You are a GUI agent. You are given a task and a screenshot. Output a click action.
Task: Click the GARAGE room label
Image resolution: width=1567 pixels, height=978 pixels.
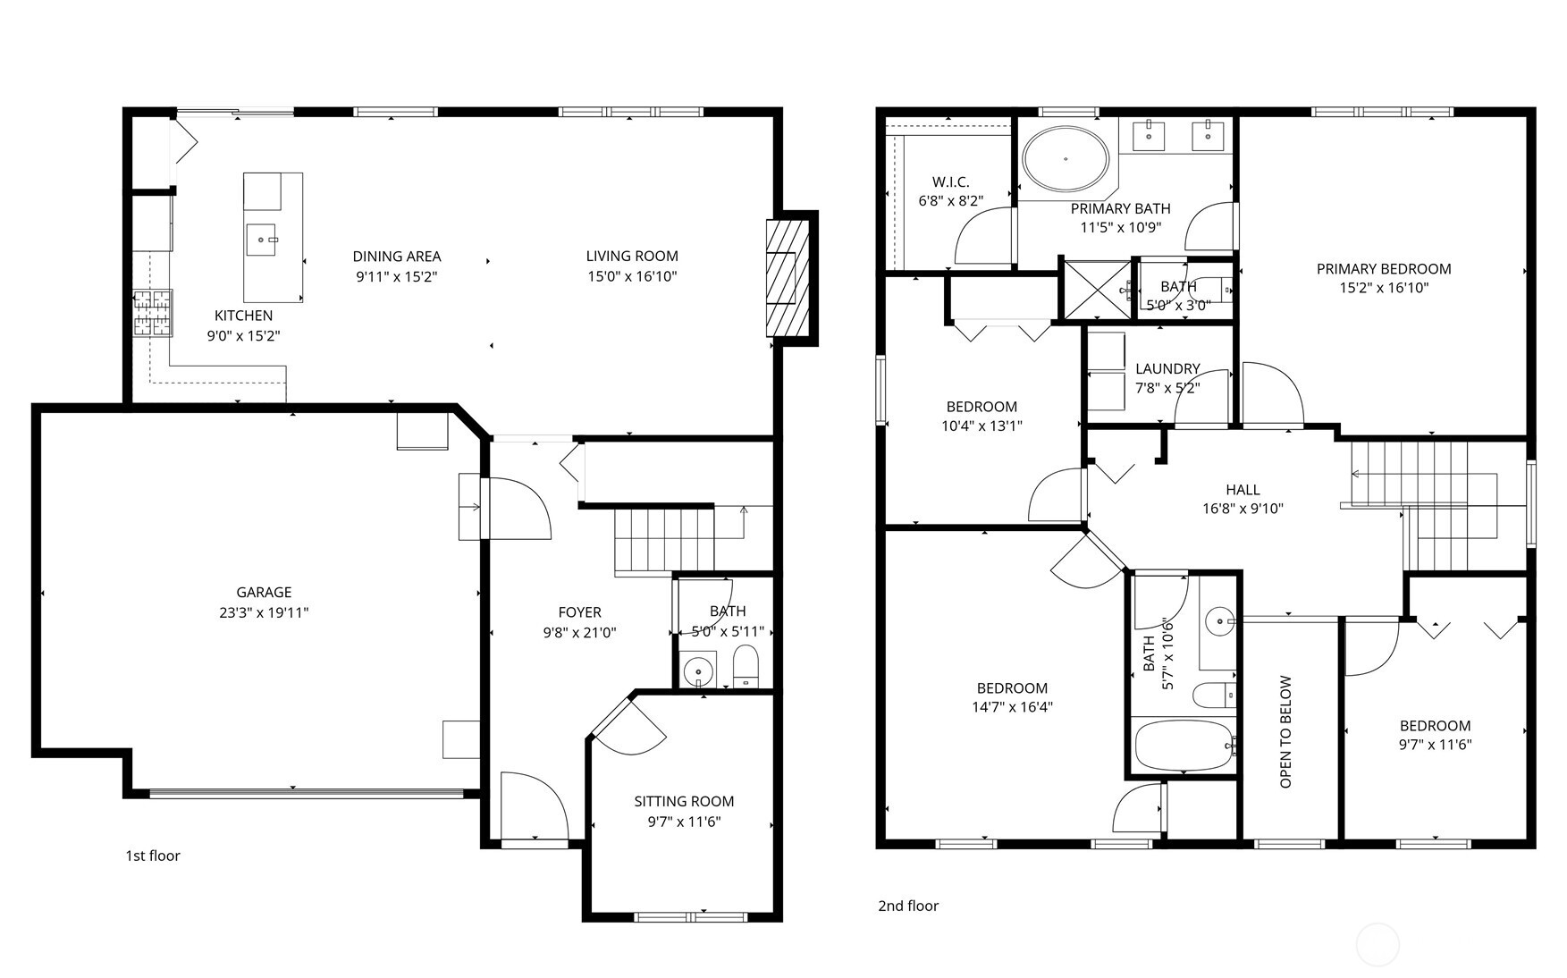click(x=264, y=592)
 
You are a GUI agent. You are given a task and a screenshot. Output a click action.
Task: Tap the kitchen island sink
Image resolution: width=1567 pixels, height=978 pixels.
click(x=263, y=240)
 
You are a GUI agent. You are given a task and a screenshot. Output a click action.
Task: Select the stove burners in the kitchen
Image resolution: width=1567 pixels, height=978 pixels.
click(x=152, y=313)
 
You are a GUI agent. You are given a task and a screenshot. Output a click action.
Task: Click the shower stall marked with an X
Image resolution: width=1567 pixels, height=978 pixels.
click(x=1096, y=289)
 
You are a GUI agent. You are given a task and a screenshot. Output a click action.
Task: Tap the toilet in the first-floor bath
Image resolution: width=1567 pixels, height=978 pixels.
click(x=745, y=667)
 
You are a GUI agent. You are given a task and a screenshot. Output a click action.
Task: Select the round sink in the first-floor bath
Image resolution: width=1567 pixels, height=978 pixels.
click(x=698, y=670)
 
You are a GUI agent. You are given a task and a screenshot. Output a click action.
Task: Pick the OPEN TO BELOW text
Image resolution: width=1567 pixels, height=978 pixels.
click(x=1286, y=731)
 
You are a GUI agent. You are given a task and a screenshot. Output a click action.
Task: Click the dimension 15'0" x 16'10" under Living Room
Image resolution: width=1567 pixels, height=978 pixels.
click(x=632, y=276)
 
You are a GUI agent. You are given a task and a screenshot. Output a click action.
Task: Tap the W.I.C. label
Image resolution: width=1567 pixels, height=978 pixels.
click(x=950, y=181)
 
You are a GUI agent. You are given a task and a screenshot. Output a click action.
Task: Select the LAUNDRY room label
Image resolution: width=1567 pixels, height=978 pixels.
click(x=1167, y=368)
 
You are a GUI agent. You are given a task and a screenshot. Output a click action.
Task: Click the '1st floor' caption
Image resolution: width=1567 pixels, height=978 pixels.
click(x=153, y=856)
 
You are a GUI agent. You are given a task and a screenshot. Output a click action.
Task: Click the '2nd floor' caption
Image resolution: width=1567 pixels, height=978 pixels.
click(x=908, y=906)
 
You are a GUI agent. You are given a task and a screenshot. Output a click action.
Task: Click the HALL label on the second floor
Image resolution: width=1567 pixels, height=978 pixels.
click(x=1243, y=490)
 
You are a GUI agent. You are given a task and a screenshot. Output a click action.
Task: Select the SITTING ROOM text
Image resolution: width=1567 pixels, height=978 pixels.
click(x=684, y=802)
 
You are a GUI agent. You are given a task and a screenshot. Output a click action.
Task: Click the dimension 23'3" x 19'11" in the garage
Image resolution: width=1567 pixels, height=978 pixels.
click(x=264, y=612)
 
